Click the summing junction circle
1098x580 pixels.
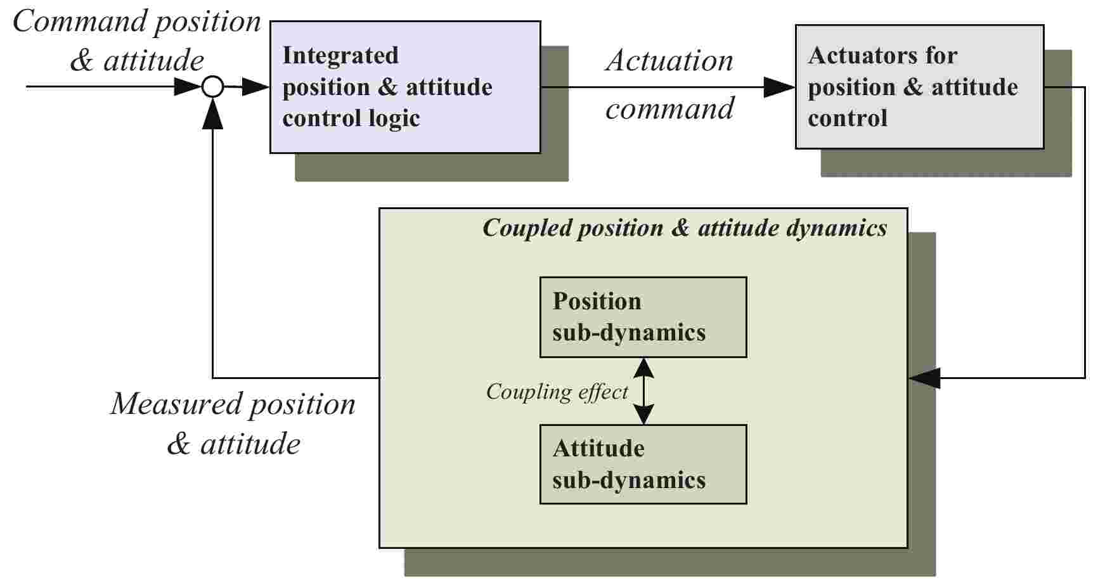pos(213,87)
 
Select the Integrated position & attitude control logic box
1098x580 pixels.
pos(405,87)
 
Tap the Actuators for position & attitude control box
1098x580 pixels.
pos(919,87)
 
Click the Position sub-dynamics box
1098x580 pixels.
pos(643,317)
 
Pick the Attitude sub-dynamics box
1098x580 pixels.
pos(643,464)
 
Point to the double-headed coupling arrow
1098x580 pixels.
pos(643,391)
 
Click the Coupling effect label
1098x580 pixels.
pos(557,392)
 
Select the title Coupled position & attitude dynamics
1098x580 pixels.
pos(685,228)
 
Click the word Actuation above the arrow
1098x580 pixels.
pos(669,61)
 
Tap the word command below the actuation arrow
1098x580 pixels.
pos(669,108)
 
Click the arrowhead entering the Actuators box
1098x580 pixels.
pos(779,87)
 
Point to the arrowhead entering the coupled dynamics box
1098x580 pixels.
pos(924,378)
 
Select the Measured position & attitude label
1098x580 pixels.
pos(233,423)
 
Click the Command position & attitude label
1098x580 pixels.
pos(137,41)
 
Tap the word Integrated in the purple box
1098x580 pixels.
pos(340,56)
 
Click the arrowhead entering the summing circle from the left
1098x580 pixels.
pos(187,87)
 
